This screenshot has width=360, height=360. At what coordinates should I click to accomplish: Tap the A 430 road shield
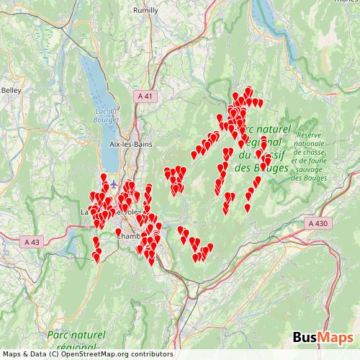pos(318,224)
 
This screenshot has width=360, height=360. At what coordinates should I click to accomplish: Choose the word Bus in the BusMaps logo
pos(307,338)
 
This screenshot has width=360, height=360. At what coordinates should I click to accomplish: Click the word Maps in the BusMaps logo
pos(336,338)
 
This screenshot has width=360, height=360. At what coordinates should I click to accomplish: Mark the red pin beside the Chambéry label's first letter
pos(118,232)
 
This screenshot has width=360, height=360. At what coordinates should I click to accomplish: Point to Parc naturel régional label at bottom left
pos(76,341)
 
